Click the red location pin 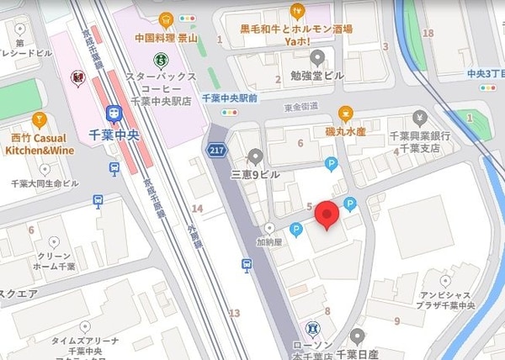coord(327,215)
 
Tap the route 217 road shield coord(217,150)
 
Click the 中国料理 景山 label coord(167,38)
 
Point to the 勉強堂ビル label coord(316,76)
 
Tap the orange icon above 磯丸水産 coord(345,114)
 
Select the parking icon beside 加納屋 coord(295,230)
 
